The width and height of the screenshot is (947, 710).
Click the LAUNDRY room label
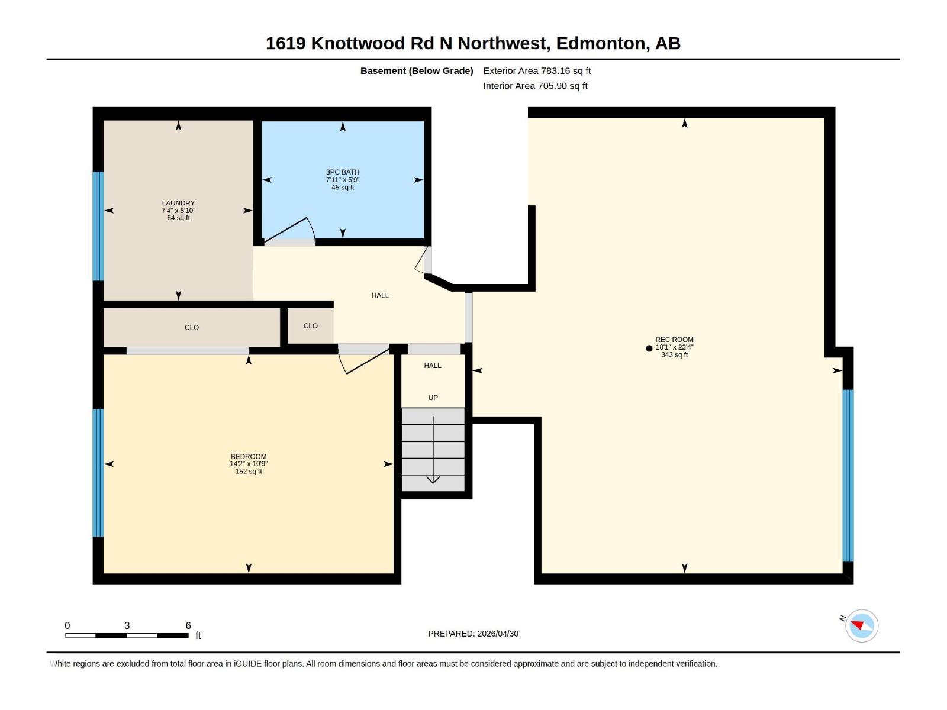pyautogui.click(x=178, y=203)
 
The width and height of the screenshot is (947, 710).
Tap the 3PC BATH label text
pyautogui.click(x=343, y=172)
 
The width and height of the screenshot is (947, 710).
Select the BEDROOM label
pyautogui.click(x=249, y=456)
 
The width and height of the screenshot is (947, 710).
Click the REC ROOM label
pyautogui.click(x=674, y=340)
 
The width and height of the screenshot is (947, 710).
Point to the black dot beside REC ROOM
pyautogui.click(x=649, y=348)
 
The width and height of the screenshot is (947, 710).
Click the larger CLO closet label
pyautogui.click(x=192, y=327)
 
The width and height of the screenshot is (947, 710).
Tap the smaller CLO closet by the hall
pyautogui.click(x=311, y=326)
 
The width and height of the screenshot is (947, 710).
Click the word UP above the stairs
pyautogui.click(x=433, y=398)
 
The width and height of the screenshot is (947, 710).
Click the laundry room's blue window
pyautogui.click(x=98, y=226)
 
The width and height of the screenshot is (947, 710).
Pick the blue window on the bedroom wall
pyautogui.click(x=98, y=473)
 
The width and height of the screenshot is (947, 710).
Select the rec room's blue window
pyautogui.click(x=848, y=475)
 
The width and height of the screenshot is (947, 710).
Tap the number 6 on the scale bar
pyautogui.click(x=188, y=625)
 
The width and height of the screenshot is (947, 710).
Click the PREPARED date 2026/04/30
pyautogui.click(x=497, y=634)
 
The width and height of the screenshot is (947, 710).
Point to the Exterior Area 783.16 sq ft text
pyautogui.click(x=537, y=71)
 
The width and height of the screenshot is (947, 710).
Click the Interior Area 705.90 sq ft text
pyautogui.click(x=535, y=86)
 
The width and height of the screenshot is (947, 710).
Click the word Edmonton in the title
pyautogui.click(x=600, y=43)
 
